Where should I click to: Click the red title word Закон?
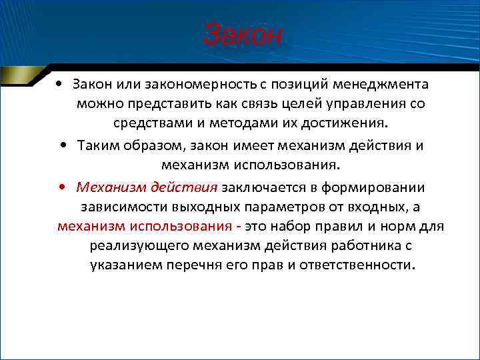(x=243, y=35)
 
